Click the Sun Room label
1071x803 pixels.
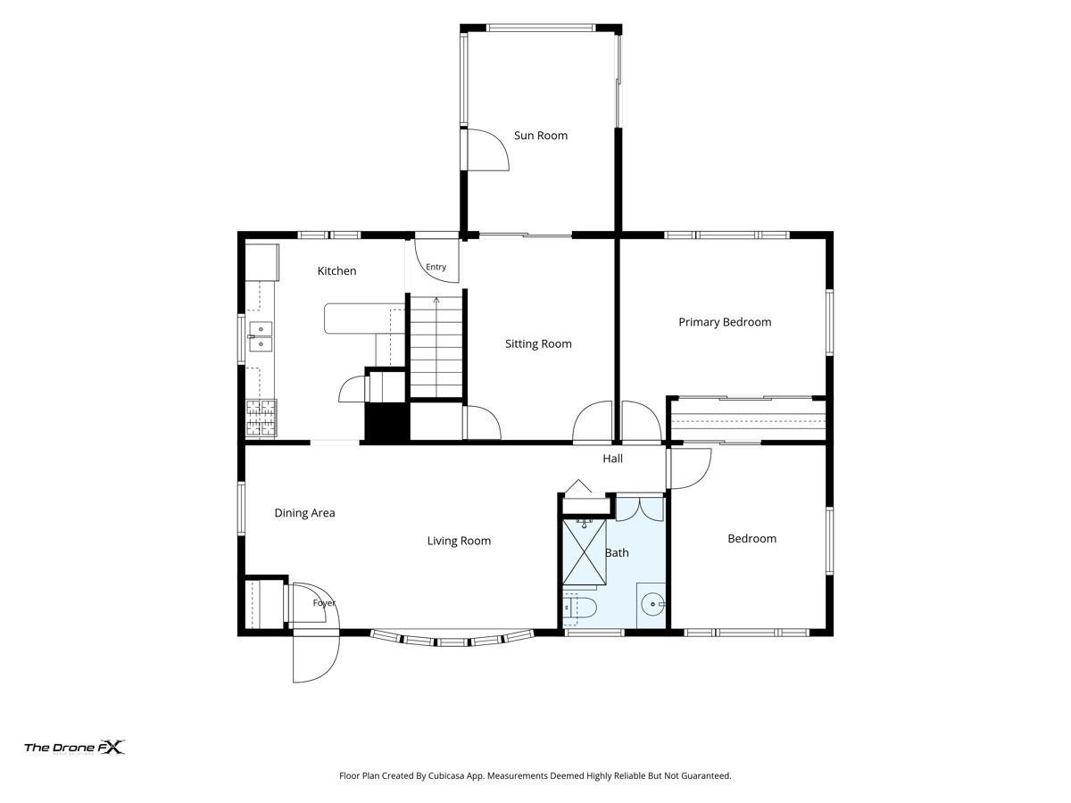point(541,136)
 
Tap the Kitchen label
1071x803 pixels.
point(336,271)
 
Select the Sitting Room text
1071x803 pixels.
point(538,344)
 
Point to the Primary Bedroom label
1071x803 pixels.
point(725,322)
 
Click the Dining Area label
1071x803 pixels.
point(304,513)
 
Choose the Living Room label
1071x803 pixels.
point(459,541)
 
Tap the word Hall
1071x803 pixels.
point(612,459)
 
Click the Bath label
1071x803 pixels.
point(617,552)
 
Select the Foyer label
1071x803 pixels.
point(324,603)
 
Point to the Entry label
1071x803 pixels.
point(436,267)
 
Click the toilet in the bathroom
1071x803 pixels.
point(579,608)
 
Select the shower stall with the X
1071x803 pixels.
point(585,552)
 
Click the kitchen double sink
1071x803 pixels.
point(261,336)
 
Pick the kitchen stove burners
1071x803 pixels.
point(261,418)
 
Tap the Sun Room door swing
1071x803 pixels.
point(488,149)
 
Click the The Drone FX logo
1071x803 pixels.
point(75,748)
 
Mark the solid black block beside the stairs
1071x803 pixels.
point(387,422)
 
